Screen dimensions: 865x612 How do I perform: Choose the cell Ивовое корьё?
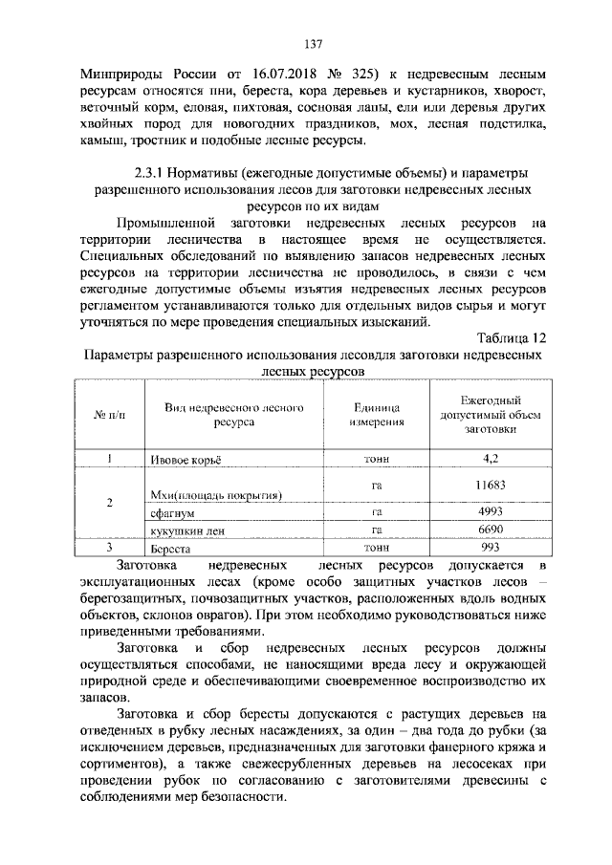click(x=186, y=460)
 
